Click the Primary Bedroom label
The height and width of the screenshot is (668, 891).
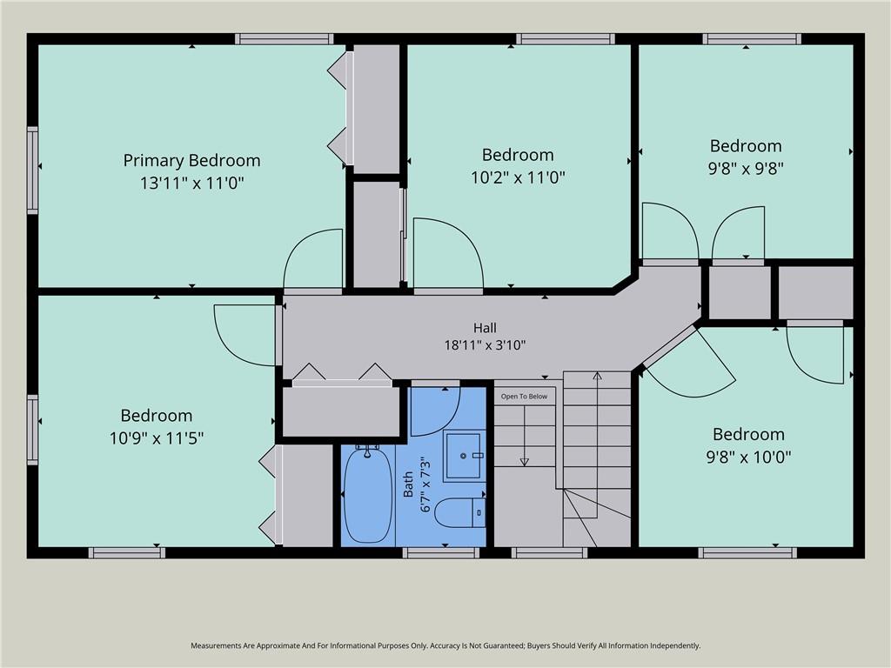[192, 161]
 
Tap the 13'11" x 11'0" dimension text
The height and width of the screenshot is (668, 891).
[192, 183]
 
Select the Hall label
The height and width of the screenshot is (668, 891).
[485, 328]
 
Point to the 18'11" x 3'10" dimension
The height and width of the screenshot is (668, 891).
[485, 344]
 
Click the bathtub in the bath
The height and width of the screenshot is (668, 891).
[368, 494]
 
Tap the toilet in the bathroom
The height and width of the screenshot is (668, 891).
[460, 512]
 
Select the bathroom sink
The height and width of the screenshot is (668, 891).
[465, 456]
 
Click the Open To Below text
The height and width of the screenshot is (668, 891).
[524, 397]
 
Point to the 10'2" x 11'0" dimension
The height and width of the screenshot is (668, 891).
[518, 177]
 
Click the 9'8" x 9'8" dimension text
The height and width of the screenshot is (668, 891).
[746, 169]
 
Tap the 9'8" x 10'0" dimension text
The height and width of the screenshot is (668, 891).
[748, 457]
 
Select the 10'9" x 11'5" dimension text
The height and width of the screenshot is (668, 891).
[157, 438]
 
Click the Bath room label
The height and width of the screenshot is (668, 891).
[408, 484]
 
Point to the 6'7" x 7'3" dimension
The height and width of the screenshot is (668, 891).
[425, 486]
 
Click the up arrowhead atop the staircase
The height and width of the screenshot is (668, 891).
[597, 376]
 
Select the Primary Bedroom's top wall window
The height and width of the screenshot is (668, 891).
[285, 38]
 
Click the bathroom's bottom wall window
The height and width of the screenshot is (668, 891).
[441, 552]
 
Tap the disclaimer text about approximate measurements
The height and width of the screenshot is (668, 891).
[445, 645]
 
